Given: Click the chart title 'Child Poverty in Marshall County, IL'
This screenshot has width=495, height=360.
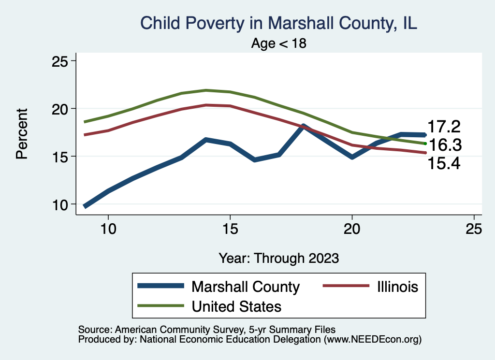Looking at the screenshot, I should [278, 23].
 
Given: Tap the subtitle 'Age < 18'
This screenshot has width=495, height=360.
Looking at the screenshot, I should [278, 43].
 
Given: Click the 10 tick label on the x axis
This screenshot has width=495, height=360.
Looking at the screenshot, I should [108, 229].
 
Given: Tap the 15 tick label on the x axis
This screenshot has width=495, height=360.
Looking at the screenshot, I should [230, 229].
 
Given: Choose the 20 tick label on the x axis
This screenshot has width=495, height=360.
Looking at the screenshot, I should [352, 229].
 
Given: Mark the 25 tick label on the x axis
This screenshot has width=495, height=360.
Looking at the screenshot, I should [474, 229].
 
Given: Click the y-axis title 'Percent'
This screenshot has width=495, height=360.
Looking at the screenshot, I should [21, 133].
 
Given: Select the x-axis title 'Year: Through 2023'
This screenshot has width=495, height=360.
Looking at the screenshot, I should [278, 258].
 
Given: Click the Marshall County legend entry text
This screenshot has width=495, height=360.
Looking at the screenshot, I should [246, 287].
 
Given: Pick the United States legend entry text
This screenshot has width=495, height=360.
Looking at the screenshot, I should [236, 306].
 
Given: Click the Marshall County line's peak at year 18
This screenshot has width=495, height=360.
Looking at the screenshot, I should [303, 127].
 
